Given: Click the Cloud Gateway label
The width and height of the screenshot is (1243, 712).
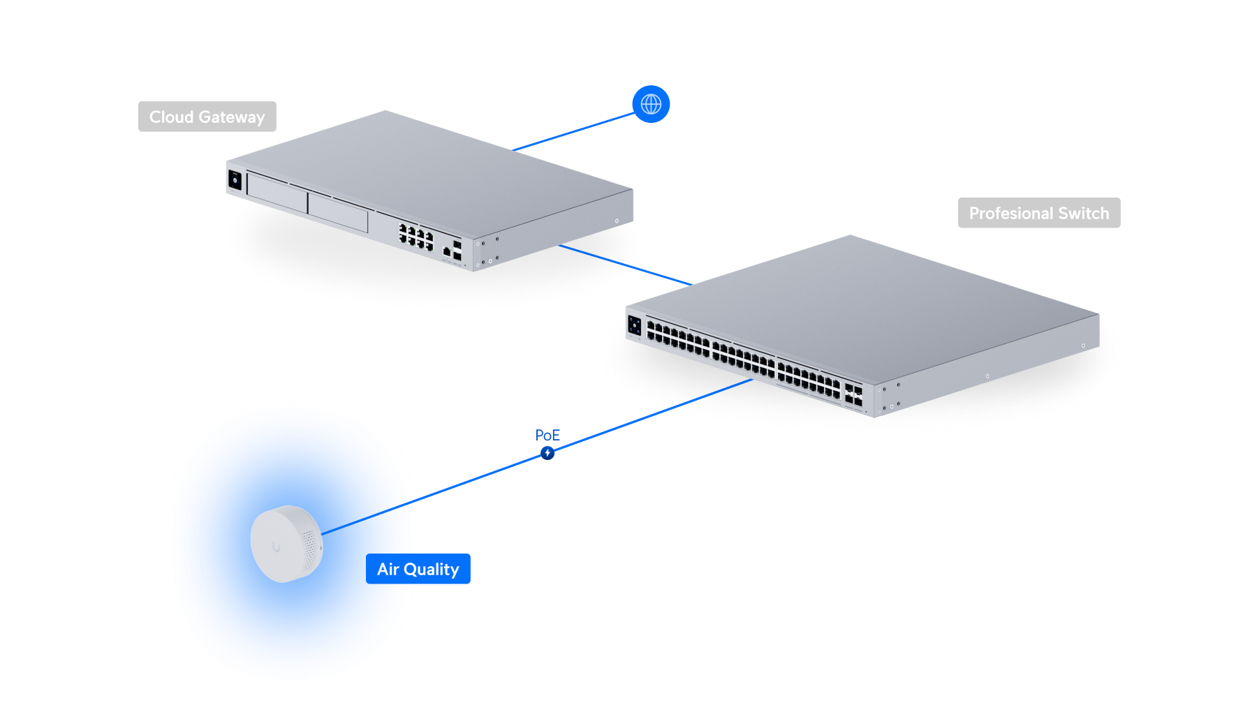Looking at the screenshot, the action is point(207,117).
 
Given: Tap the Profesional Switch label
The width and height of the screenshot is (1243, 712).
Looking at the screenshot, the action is point(1039,213).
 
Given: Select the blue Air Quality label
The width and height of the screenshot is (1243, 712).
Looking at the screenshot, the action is point(418,569).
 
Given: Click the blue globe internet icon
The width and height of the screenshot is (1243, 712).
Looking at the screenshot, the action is point(651,104).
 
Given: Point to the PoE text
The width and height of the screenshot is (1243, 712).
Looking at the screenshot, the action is point(547,435).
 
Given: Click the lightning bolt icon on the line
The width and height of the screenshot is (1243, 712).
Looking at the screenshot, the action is point(547,454).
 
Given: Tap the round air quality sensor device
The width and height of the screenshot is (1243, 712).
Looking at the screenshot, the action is point(286,544).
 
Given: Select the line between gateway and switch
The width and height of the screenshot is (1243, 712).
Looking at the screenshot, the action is point(626,265).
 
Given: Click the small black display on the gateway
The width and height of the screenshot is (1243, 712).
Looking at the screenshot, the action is point(235,180).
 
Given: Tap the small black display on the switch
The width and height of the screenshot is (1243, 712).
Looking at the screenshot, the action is point(634,325).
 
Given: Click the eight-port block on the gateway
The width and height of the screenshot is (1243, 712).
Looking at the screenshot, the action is point(416,236).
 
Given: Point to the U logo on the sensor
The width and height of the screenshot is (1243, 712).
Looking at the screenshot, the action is point(277,547).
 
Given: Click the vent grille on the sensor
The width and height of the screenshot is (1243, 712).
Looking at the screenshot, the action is point(309,551).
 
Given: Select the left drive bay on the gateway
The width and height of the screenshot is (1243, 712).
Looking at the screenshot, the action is point(277,192).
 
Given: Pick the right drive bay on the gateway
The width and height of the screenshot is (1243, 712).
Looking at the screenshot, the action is point(338,212).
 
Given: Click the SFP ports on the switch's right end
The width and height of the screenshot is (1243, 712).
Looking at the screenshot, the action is point(853,394).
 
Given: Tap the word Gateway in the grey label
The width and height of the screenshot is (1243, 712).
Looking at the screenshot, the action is point(232,117).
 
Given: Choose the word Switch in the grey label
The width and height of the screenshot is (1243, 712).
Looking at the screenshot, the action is point(1084,213).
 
